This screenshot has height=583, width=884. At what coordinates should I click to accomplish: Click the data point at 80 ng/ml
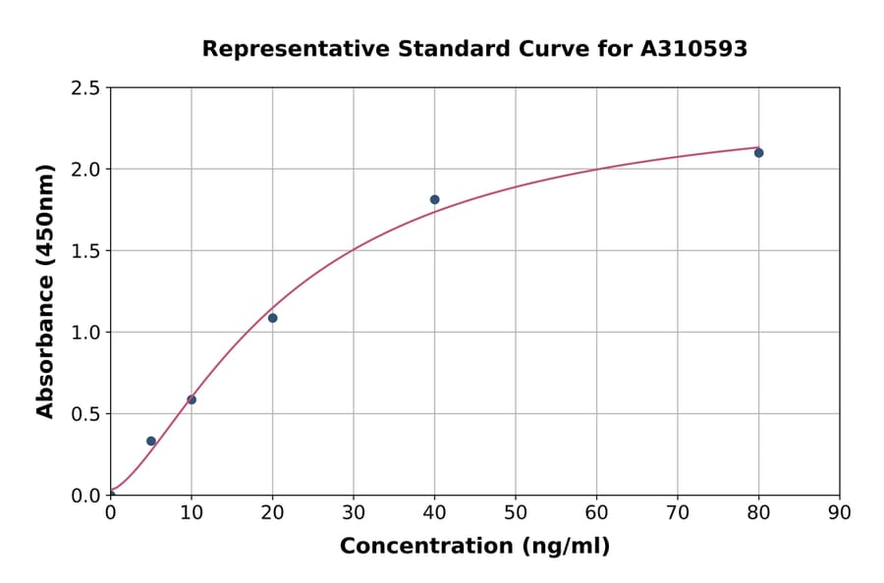pos(758,153)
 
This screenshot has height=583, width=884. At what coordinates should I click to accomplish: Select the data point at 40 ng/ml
pos(434,199)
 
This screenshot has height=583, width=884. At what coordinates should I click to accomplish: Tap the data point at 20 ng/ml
pos(272,318)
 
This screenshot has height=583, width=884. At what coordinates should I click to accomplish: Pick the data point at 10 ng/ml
pos(192,399)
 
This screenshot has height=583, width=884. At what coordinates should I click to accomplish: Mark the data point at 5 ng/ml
pos(151,441)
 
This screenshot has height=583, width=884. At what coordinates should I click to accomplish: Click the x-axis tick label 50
pos(516,512)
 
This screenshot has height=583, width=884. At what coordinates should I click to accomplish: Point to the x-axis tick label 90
pos(840,512)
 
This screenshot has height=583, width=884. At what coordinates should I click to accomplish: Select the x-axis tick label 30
pos(354,512)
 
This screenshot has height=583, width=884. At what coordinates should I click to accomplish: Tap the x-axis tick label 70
pos(678,512)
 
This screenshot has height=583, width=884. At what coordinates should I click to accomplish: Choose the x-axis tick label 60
pos(596,512)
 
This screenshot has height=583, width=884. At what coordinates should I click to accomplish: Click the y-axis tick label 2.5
pos(85,88)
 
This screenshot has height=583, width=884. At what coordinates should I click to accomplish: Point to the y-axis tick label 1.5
pos(85,251)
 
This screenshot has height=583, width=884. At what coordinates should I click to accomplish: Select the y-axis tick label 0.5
pos(85,414)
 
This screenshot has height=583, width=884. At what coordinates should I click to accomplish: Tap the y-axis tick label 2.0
pos(85,170)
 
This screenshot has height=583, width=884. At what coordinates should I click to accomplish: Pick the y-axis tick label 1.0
pos(85,333)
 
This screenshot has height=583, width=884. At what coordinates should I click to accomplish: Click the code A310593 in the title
pos(693,49)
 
